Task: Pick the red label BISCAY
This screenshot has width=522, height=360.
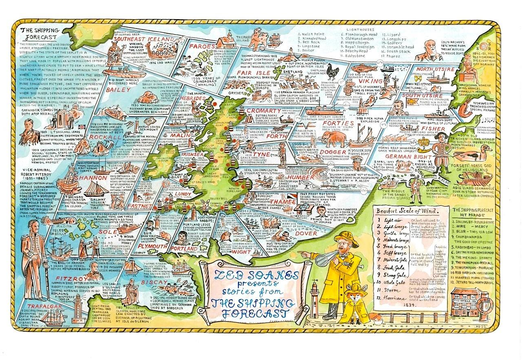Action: click(x=152, y=282)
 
